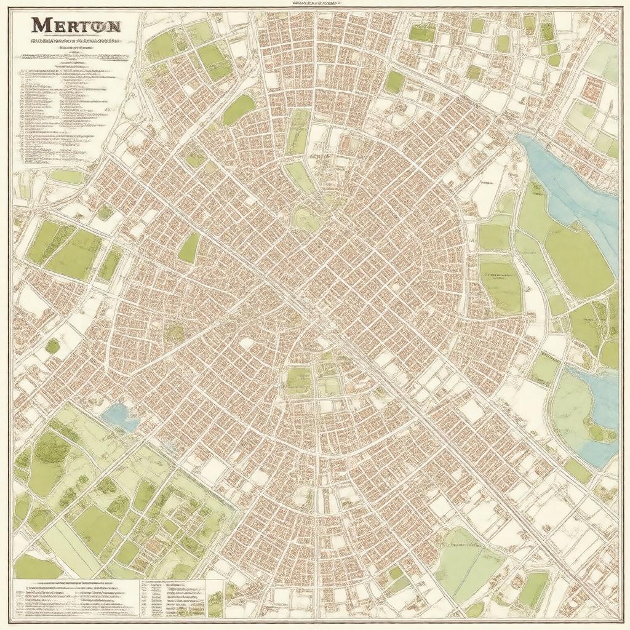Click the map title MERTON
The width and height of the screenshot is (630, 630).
coord(76,26)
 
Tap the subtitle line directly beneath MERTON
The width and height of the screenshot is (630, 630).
coord(76,42)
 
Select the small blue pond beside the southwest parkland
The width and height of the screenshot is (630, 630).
coord(121,417)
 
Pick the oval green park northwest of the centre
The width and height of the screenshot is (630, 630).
coord(238,110)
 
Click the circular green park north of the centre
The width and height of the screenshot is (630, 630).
coord(306,217)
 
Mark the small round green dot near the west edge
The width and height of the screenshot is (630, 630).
coord(53,346)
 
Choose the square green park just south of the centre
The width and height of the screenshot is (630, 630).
coord(298,380)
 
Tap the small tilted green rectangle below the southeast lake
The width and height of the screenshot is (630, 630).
coord(578,471)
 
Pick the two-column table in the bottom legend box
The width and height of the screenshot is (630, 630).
coord(172,597)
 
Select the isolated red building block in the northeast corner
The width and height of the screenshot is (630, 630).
coord(592,88)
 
